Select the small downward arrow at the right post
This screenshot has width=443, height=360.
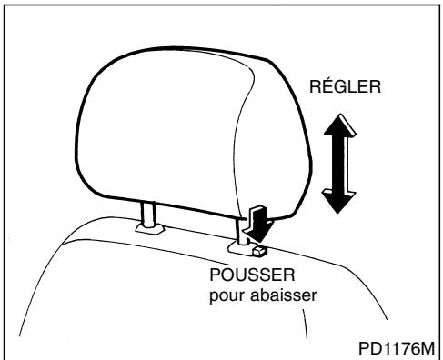pyautogui.click(x=258, y=217)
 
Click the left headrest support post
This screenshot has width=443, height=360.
pyautogui.click(x=146, y=213)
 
